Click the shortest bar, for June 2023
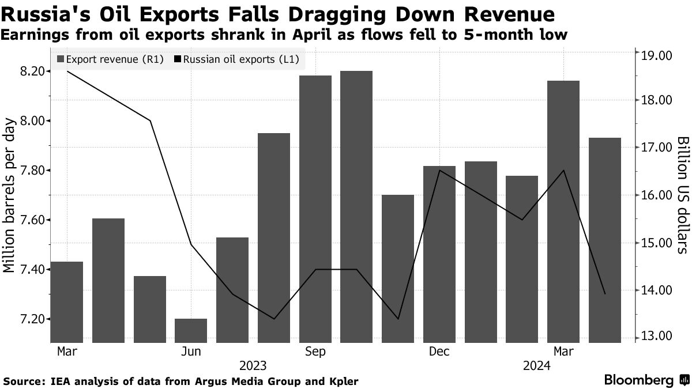tap(191, 331)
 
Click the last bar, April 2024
tap(605, 240)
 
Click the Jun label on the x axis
tap(191, 352)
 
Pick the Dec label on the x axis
tap(439, 352)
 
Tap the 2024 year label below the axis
tap(536, 366)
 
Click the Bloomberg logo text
tap(639, 380)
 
